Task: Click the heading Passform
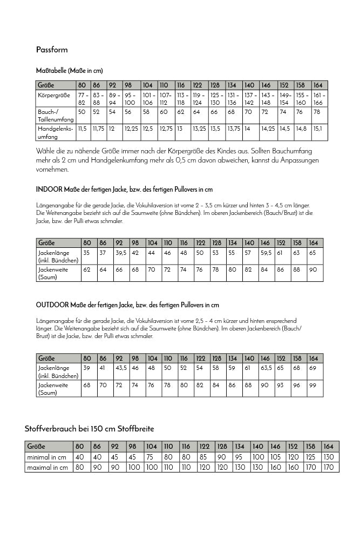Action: [x=52, y=50]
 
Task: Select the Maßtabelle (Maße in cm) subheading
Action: [x=69, y=71]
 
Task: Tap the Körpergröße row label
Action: [x=55, y=95]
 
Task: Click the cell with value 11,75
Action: [x=98, y=129]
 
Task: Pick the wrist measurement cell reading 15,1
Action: [x=318, y=129]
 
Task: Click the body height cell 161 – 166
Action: [x=318, y=99]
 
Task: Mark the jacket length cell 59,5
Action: [x=266, y=253]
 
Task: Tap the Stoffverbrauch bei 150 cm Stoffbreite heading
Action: [x=90, y=429]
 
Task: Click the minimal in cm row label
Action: [x=47, y=457]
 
